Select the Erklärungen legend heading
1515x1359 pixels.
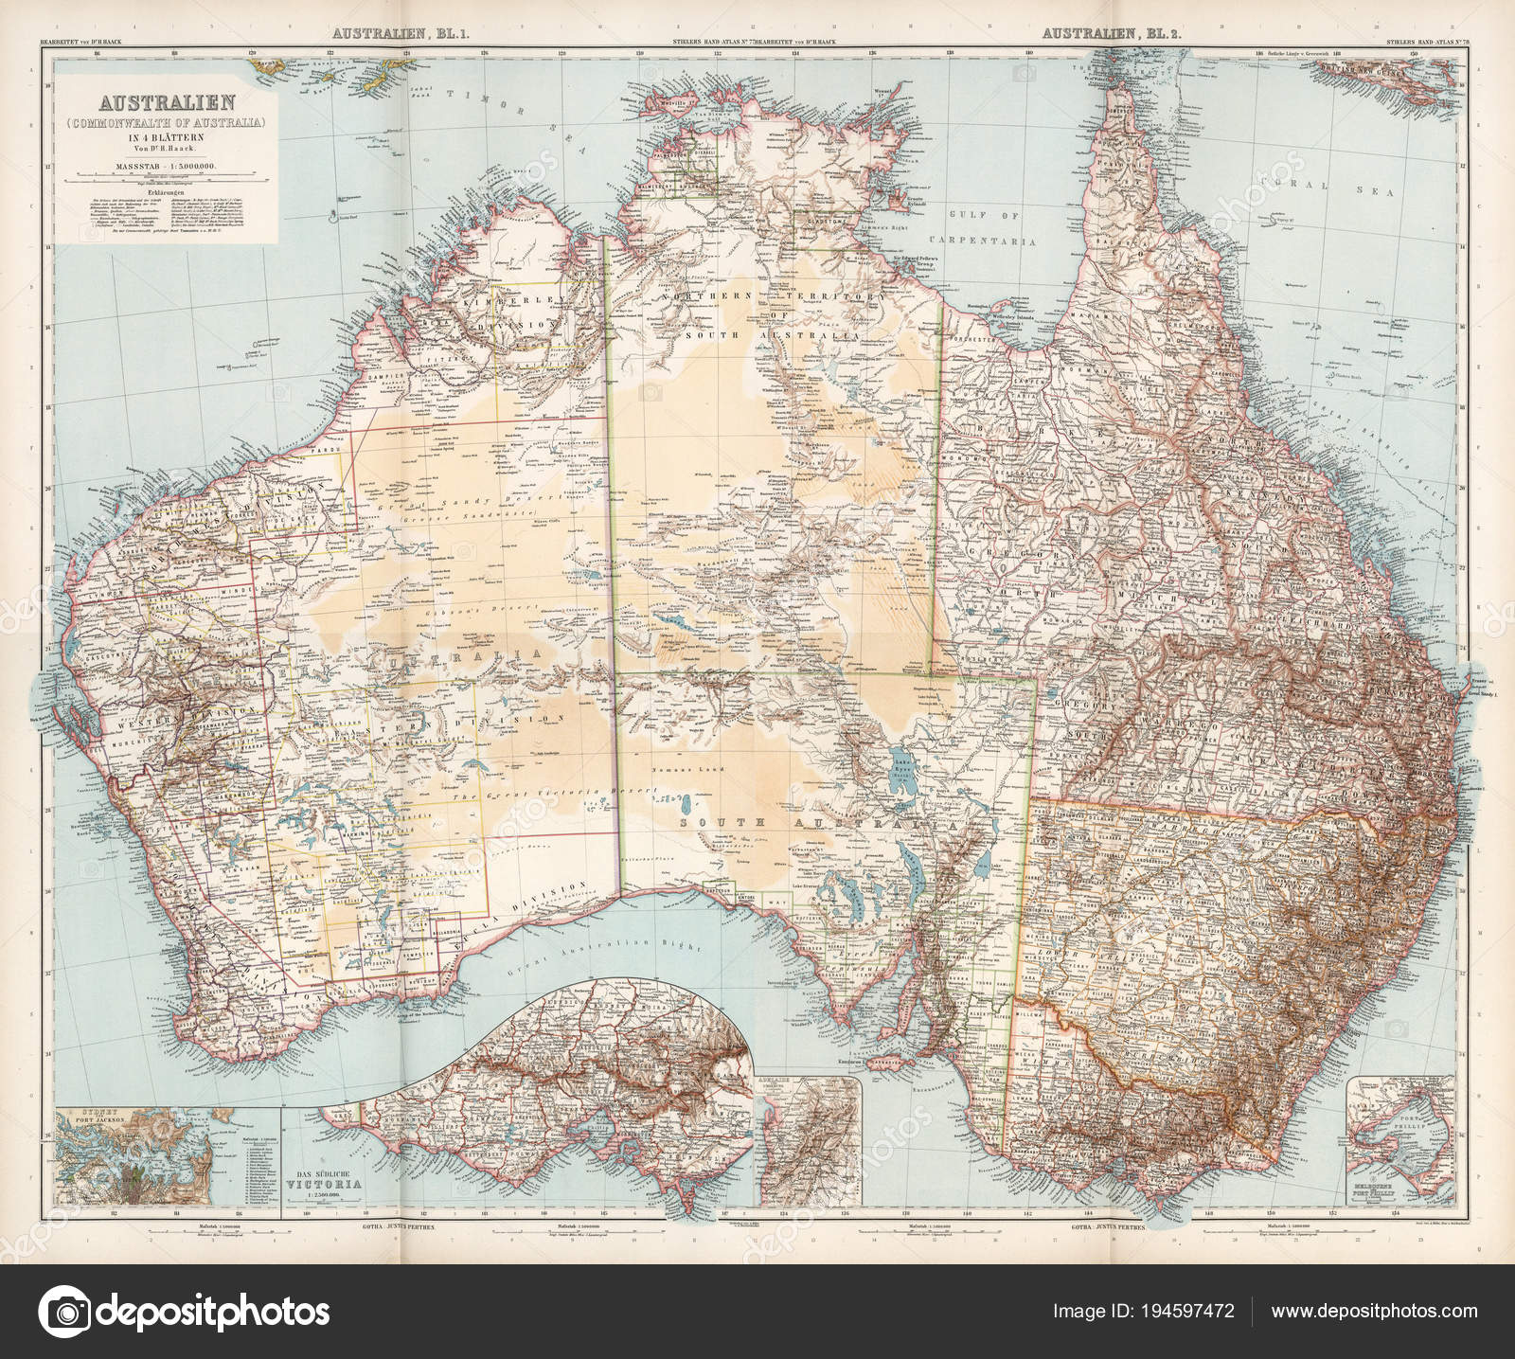163,188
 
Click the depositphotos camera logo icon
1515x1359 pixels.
68,1311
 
